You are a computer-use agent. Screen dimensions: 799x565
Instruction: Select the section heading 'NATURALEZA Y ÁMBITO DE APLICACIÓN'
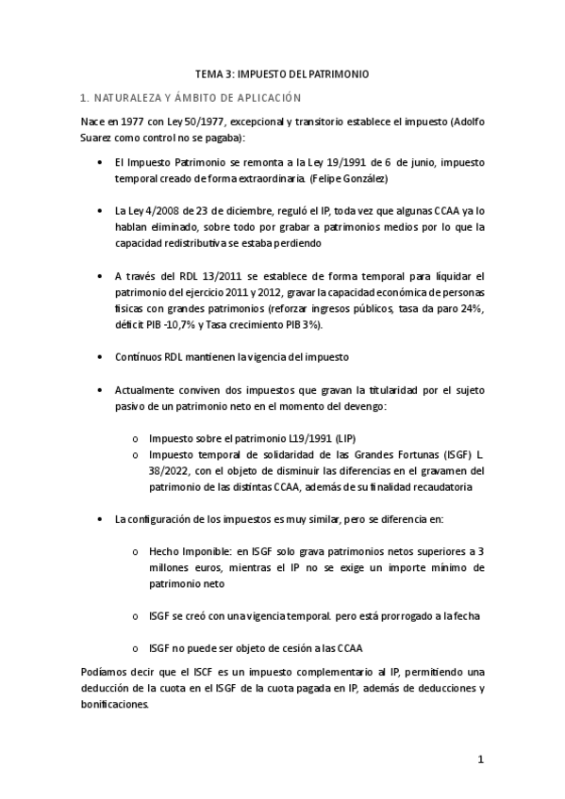point(196,97)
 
